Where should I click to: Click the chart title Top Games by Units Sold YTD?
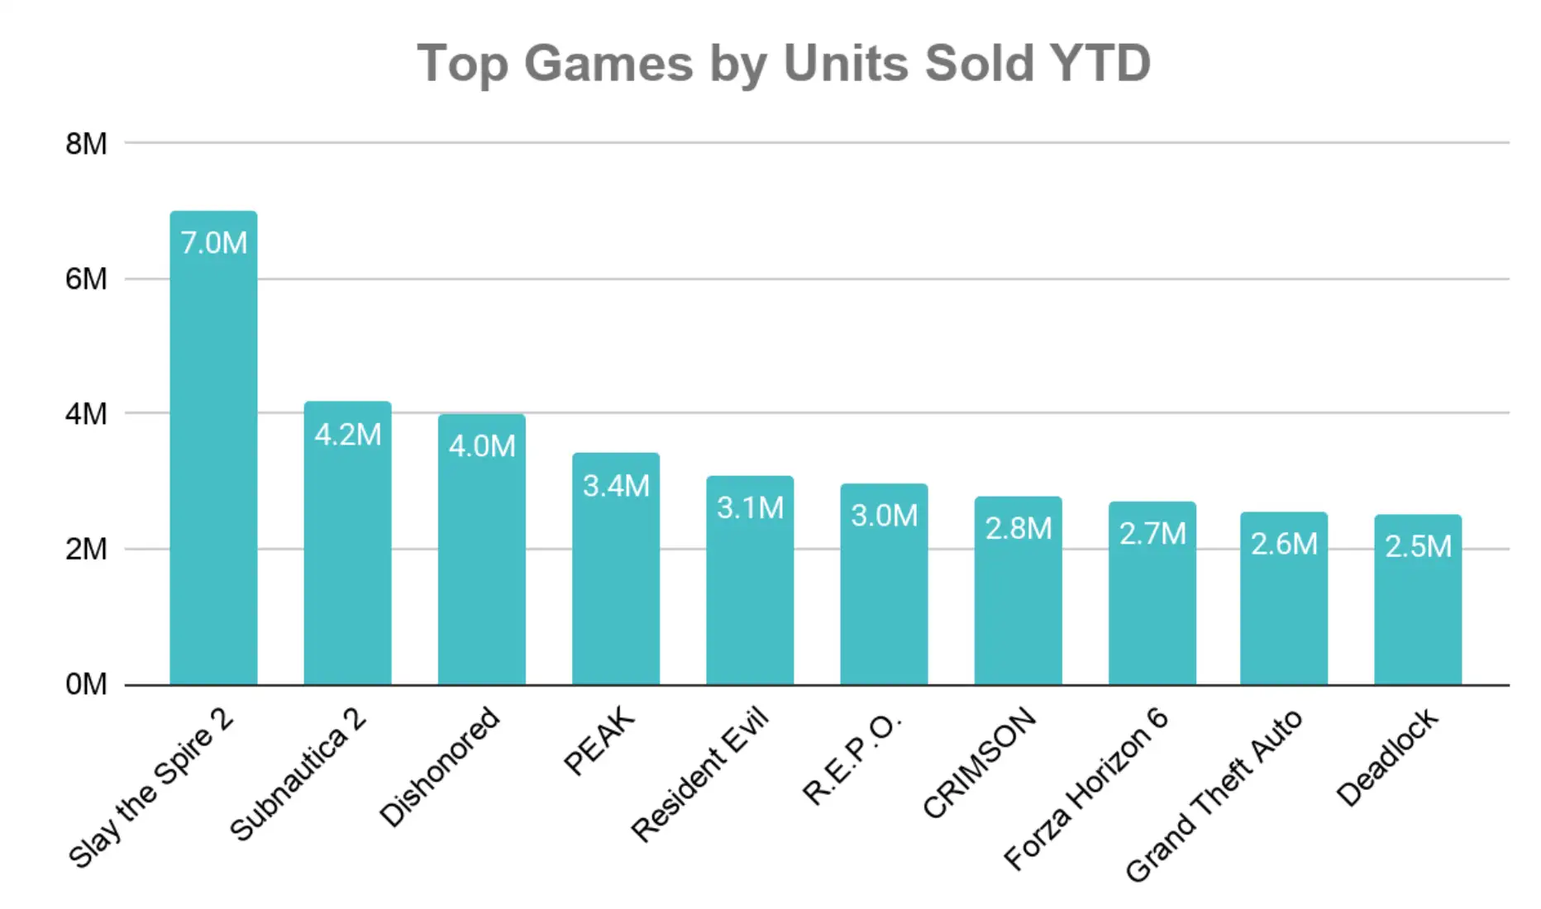784,64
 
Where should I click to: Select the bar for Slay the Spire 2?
213,448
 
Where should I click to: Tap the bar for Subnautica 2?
347,543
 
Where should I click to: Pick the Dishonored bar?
482,550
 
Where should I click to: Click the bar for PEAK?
616,569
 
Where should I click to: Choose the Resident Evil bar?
750,580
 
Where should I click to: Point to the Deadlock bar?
1418,600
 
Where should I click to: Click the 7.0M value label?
213,243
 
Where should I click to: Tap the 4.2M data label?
347,435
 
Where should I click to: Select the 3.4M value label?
616,486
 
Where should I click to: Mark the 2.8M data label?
1019,529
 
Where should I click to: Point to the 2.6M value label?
1284,544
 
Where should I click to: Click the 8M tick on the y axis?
87,144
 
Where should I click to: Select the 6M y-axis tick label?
87,279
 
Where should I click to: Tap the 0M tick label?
87,684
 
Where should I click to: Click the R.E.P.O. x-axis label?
852,758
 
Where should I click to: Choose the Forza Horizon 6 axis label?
1086,789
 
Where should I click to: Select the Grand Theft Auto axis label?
1214,796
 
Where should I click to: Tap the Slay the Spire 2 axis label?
151,788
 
